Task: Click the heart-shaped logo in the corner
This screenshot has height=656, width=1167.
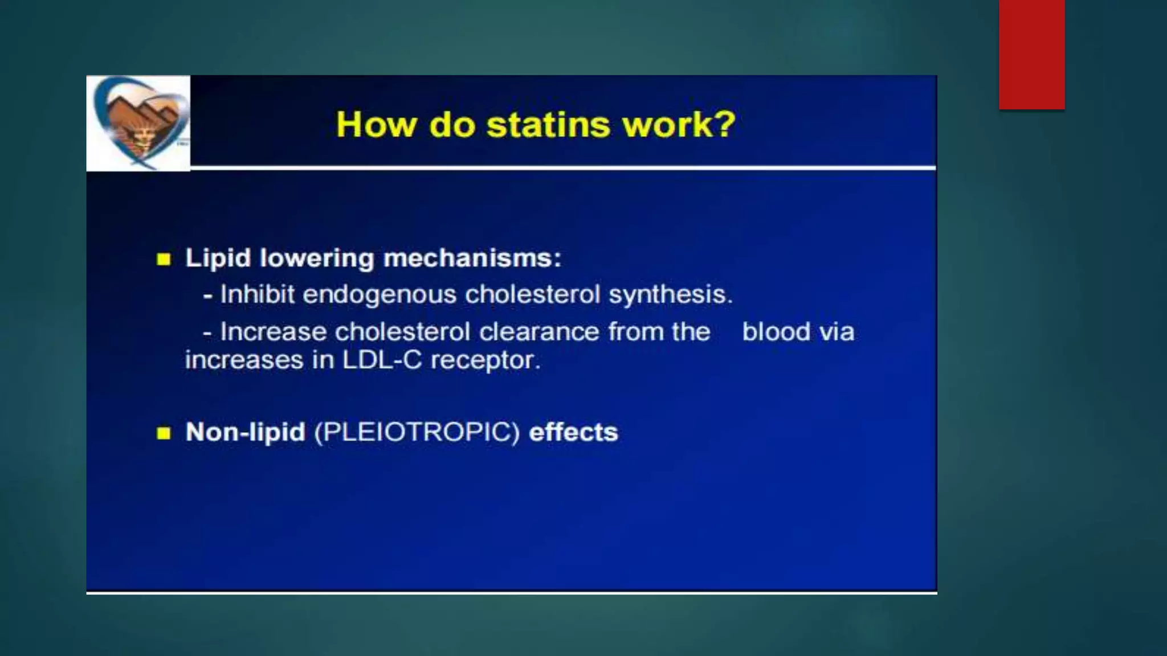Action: [x=138, y=122]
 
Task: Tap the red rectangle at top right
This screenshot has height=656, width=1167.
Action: [x=1031, y=55]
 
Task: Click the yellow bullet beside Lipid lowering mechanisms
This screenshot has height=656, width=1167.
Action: [x=164, y=260]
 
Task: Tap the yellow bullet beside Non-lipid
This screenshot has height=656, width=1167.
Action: [x=164, y=433]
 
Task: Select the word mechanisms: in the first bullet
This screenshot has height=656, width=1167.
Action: [x=472, y=259]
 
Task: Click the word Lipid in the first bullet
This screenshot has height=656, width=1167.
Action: [x=218, y=259]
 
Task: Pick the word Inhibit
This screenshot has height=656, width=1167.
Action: [x=258, y=294]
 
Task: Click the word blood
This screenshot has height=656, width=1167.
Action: [x=776, y=332]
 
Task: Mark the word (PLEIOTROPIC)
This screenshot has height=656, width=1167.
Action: [x=417, y=433]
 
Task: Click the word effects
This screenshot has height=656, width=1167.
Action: [x=573, y=432]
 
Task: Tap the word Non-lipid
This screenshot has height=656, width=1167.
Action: [x=246, y=433]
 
